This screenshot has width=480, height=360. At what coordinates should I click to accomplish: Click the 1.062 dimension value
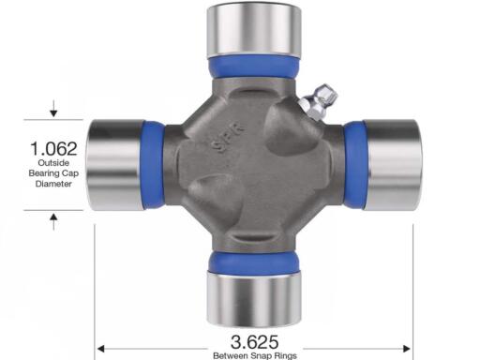click(53, 149)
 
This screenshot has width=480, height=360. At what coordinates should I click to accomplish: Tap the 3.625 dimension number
click(254, 342)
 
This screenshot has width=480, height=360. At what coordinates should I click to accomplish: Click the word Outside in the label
click(53, 163)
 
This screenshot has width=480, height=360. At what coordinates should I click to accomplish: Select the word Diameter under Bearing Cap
click(53, 184)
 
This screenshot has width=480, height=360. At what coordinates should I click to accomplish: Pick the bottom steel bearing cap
click(254, 298)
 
